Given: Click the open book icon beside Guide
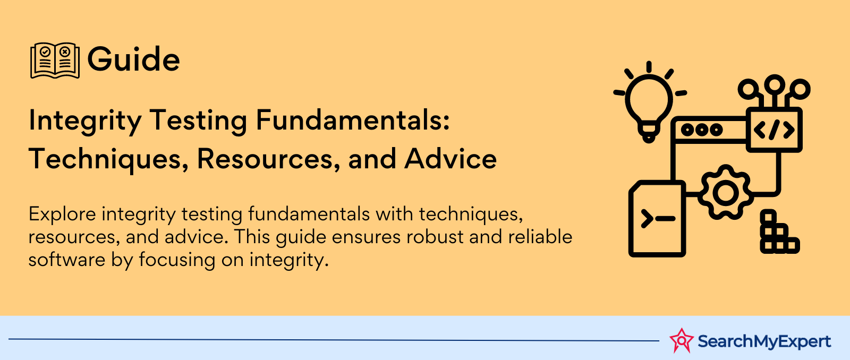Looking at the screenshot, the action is point(55,61).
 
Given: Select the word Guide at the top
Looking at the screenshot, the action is point(133,59).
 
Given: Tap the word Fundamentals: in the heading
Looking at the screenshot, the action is point(353,120).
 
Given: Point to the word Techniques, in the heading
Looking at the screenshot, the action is point(108,160).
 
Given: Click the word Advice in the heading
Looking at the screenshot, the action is point(450,159).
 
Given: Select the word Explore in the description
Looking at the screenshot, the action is point(62,215).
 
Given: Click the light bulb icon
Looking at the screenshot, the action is point(649,101).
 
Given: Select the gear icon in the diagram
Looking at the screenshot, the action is point(726,192).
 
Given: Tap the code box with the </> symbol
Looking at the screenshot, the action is point(774,130).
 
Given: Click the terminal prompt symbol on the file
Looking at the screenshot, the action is point(658,219).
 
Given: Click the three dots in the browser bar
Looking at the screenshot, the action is point(702,130).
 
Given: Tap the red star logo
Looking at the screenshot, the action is point(682,341).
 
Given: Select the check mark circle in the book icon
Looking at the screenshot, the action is point(45,52).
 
